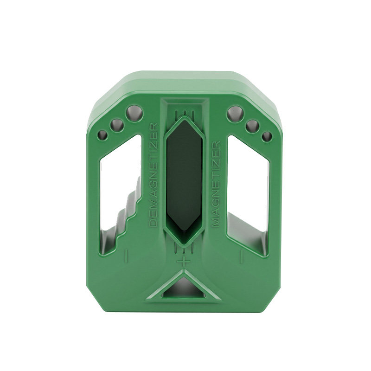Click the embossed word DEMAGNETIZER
tap(154, 175)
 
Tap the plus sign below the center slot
tap(183, 262)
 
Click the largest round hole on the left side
tap(134, 113)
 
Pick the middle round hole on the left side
tap(117, 125)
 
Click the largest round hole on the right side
tap(235, 114)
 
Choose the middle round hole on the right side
tap(252, 126)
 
